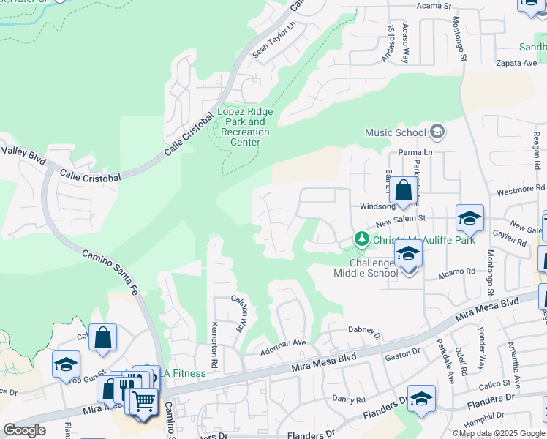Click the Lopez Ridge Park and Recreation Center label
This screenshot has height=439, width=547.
[245, 127]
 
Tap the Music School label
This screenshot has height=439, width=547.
[396, 132]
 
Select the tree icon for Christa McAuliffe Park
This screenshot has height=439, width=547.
[361, 239]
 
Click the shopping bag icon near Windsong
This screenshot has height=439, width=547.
[402, 192]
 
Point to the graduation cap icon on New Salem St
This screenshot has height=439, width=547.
[469, 217]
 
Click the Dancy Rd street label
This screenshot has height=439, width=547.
[348, 399]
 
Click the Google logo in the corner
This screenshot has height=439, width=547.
[24, 430]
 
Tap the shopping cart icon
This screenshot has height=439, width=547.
[144, 402]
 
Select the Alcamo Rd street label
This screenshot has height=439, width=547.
[458, 271]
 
